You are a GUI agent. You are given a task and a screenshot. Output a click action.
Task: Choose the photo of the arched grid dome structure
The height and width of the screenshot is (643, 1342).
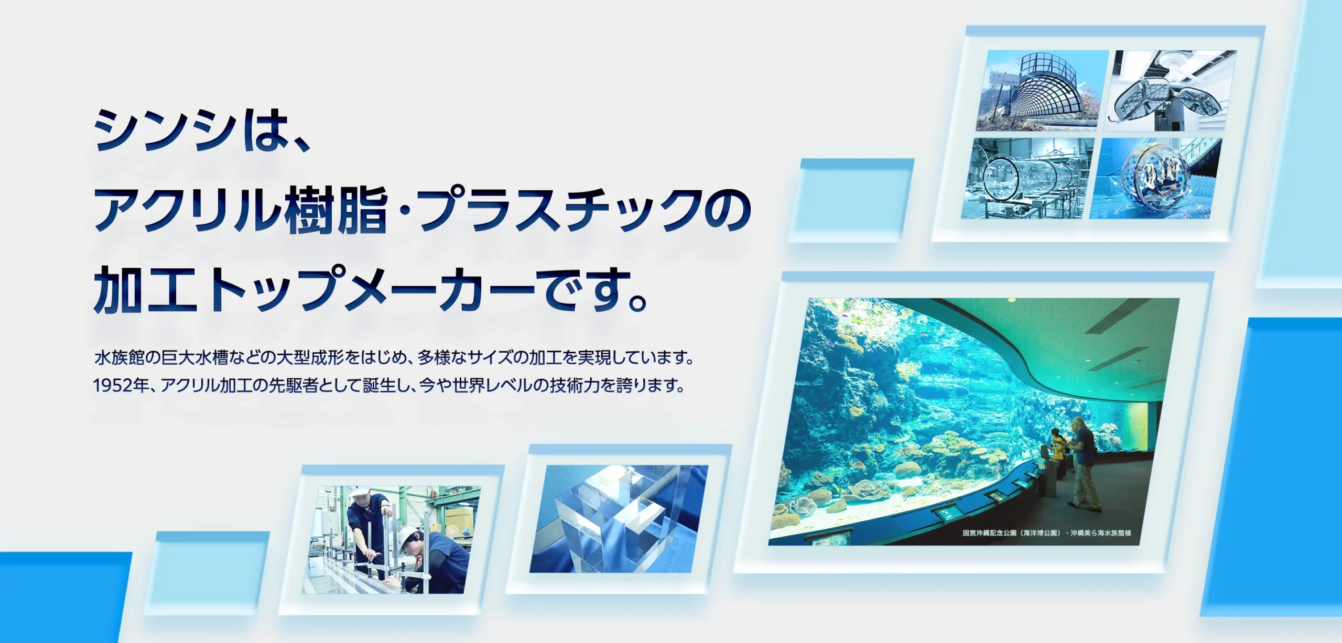(x=1042, y=91)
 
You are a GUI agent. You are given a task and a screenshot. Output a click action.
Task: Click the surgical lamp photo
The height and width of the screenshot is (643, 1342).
(x=1171, y=91)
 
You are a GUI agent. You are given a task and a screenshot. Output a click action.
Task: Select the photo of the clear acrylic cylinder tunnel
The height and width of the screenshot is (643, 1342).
(x=1027, y=178)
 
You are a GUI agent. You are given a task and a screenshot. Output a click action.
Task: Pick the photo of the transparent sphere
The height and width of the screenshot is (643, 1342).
(x=1156, y=178)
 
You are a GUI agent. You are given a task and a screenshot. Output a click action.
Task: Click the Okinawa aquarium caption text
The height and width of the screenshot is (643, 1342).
(x=1047, y=533)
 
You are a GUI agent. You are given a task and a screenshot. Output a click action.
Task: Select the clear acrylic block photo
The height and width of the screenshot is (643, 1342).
(x=619, y=519)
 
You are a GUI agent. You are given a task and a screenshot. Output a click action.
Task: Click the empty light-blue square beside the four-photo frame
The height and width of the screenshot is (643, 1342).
(x=852, y=201)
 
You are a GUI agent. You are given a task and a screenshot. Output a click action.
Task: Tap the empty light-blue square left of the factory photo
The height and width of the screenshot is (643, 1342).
(x=207, y=573)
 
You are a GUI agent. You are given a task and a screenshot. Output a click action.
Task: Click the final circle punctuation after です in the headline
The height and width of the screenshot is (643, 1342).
(x=637, y=302)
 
